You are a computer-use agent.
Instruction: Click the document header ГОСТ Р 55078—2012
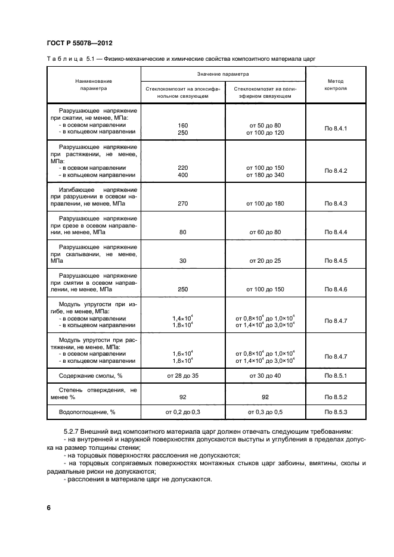79,43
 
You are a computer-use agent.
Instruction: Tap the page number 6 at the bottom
49,508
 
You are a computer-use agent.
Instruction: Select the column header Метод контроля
336,84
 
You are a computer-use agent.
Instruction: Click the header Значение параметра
223,74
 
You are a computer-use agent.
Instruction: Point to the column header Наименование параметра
94,84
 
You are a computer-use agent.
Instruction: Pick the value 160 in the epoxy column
183,125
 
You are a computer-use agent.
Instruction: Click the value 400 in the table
183,175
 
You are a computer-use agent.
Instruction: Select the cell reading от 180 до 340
265,175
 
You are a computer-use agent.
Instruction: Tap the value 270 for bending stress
183,204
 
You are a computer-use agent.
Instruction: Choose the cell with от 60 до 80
265,232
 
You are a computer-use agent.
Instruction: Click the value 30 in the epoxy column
183,260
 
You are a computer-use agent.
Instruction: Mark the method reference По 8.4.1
336,129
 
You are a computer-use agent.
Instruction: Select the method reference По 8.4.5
336,260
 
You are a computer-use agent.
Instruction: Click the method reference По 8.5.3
336,411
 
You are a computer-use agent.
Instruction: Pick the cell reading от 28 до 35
183,376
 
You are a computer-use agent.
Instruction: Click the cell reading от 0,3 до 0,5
265,411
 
